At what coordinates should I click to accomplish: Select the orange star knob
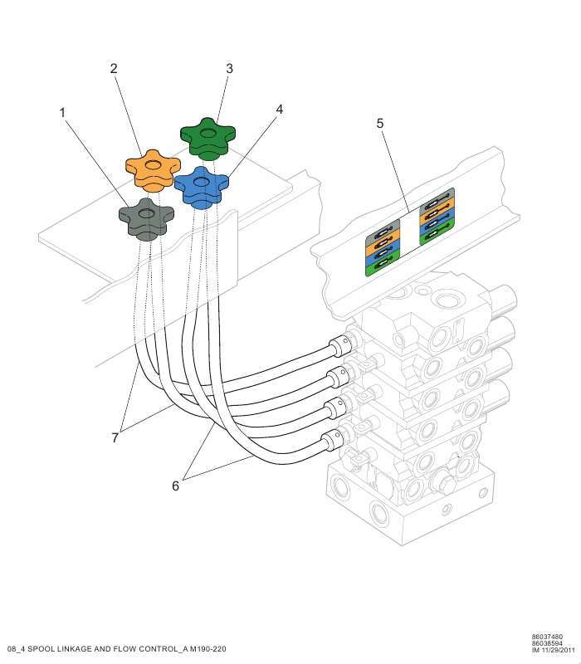[x=153, y=169]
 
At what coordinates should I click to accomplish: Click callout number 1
[x=62, y=111]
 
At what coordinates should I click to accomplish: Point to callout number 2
[x=114, y=69]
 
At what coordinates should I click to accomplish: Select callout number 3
[x=229, y=69]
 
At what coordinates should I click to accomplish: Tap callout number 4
[x=280, y=109]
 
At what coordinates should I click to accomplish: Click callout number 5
[x=380, y=124]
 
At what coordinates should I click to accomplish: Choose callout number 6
[x=175, y=486]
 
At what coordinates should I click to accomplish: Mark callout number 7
[x=115, y=437]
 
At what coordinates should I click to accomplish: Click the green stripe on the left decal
[x=383, y=267]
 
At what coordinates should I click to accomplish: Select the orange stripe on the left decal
[x=383, y=244]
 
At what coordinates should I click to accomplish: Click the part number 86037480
[x=547, y=637]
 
